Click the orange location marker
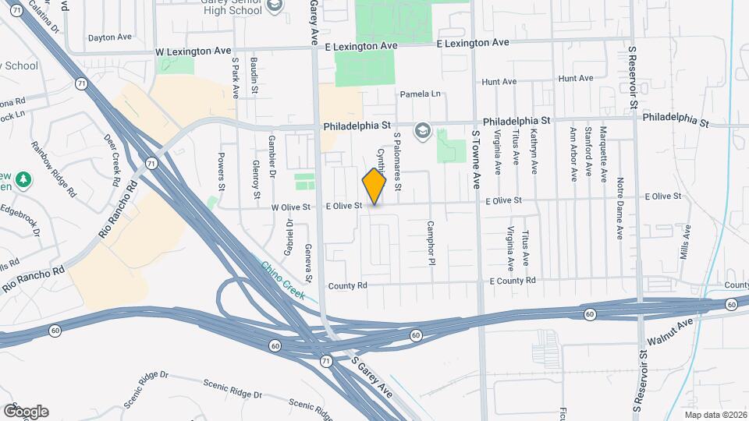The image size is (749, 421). tap(374, 186)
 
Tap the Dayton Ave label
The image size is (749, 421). tap(110, 37)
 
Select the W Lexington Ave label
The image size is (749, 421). tap(193, 51)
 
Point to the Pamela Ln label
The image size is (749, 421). tap(421, 94)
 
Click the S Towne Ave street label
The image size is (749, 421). tap(475, 160)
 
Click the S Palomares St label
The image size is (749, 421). tap(397, 161)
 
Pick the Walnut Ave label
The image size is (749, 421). tap(669, 331)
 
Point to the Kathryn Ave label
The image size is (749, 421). tap(534, 151)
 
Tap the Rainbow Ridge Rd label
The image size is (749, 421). tap(54, 168)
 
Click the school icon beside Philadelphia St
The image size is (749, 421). tap(422, 129)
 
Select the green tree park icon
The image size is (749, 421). tap(25, 180)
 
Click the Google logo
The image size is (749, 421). tap(26, 411)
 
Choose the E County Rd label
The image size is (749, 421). tap(513, 281)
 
